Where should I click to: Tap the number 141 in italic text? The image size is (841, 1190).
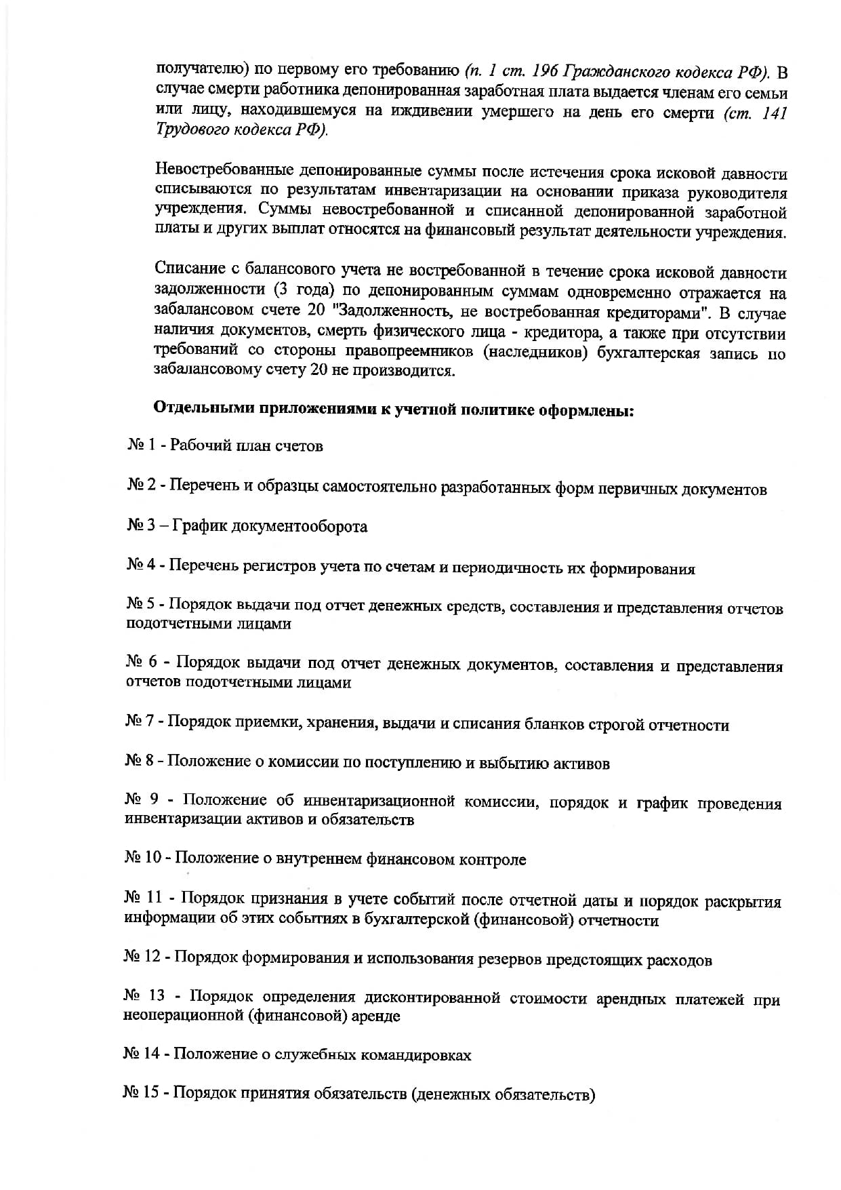coord(773,113)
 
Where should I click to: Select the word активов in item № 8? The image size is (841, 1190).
coord(582,764)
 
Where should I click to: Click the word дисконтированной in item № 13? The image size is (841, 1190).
coord(432,998)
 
